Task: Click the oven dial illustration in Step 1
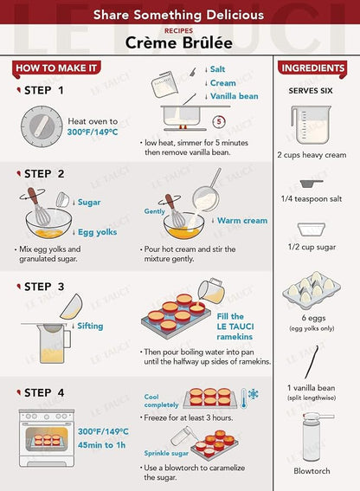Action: [x=42, y=126]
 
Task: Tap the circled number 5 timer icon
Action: [x=219, y=121]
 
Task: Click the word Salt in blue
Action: [x=217, y=69]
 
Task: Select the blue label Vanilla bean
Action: [x=235, y=96]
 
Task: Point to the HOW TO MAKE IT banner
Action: [x=56, y=68]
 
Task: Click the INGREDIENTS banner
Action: [x=312, y=68]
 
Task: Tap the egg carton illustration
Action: [x=312, y=290]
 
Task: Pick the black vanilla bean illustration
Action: [x=312, y=362]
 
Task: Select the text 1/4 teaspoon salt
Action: [x=312, y=199]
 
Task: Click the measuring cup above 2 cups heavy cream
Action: [x=311, y=125]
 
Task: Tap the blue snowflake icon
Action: [x=254, y=394]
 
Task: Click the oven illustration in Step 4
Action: [x=47, y=438]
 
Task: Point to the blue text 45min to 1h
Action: [x=102, y=445]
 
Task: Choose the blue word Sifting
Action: [x=90, y=326]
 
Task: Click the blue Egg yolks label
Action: [x=98, y=232]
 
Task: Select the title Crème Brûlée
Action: [x=179, y=43]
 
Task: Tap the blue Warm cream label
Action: [x=242, y=221]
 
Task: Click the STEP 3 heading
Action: [x=44, y=287]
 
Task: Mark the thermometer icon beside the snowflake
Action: [x=243, y=398]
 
